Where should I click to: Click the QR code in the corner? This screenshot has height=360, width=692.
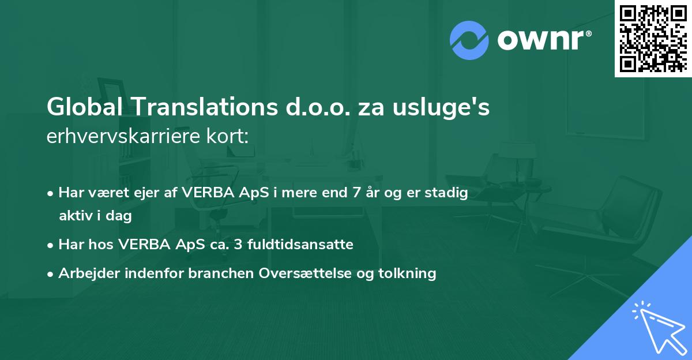[653, 38]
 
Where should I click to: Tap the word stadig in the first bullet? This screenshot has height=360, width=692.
[447, 193]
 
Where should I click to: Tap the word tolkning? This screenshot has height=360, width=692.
[410, 273]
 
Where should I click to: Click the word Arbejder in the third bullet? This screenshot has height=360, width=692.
[86, 273]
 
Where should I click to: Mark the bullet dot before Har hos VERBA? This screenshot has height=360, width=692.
[51, 245]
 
